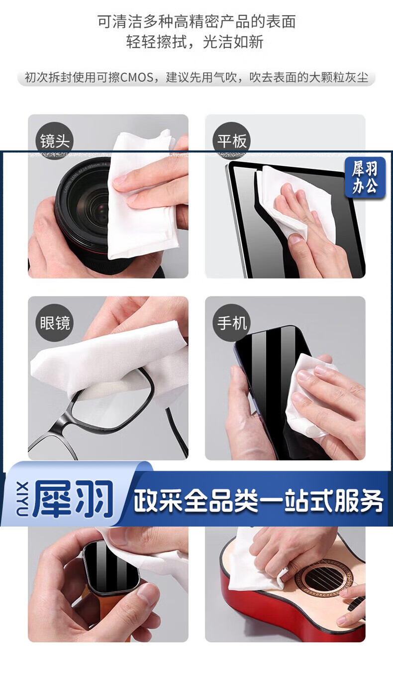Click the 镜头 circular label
55,141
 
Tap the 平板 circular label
232,141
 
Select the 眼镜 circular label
55,323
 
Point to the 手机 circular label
232,323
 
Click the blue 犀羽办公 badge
365,177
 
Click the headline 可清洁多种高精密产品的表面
196,22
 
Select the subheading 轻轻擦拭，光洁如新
195,42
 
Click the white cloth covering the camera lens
142,196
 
